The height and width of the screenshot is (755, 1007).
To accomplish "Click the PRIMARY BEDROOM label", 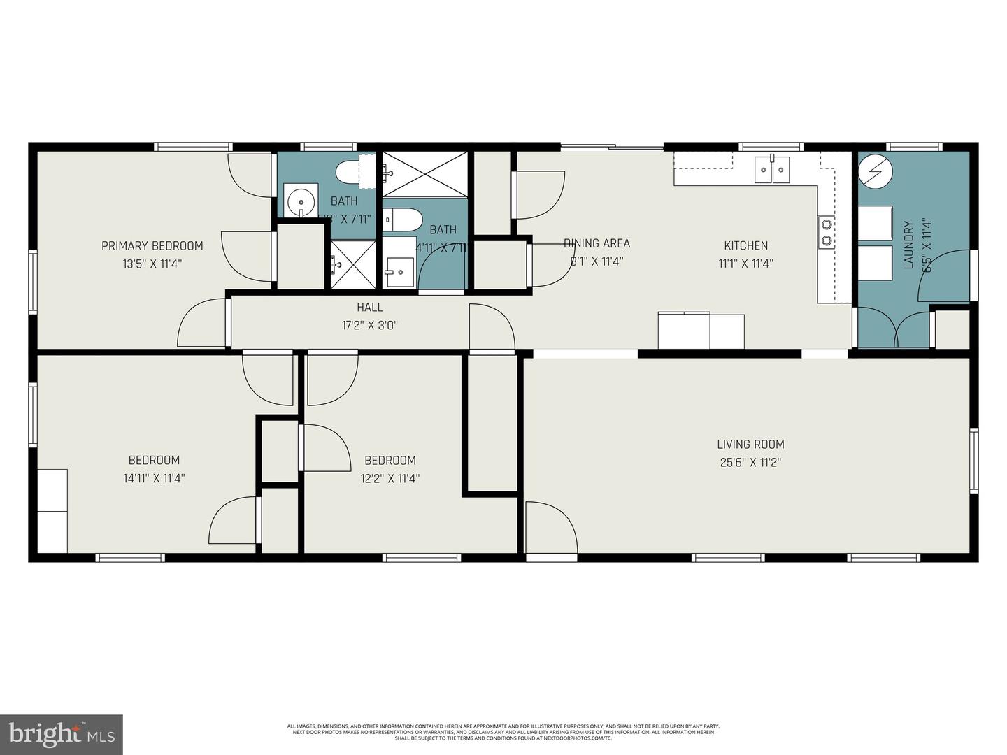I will (x=152, y=245).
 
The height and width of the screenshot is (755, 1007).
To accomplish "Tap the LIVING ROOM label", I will (x=750, y=444).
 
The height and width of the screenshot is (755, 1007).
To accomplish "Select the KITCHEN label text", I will (x=745, y=245).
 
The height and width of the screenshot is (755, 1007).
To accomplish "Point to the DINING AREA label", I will (x=597, y=243).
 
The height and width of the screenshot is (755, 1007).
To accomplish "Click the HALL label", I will (x=370, y=307).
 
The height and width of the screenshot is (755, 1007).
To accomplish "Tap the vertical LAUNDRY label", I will (x=908, y=245).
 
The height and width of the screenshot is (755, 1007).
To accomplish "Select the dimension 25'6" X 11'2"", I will (x=750, y=462).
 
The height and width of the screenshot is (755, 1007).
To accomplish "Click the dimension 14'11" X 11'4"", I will (x=154, y=478).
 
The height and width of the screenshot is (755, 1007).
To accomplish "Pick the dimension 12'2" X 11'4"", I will (x=390, y=478).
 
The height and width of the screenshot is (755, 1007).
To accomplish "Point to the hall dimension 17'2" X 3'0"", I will (x=370, y=325).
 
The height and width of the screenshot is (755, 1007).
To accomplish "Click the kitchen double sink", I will (x=772, y=169).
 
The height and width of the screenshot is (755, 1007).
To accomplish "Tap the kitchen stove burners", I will (x=827, y=232).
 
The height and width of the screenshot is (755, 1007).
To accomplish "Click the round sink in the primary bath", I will (x=301, y=201).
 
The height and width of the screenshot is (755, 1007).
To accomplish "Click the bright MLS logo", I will (x=62, y=735).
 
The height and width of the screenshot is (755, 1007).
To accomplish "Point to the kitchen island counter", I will (x=701, y=331).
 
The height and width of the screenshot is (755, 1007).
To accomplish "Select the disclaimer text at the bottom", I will (x=503, y=732).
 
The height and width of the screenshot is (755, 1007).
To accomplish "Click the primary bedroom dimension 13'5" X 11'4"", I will (x=152, y=264).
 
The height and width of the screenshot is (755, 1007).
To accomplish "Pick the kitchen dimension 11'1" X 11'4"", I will (x=745, y=264).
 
